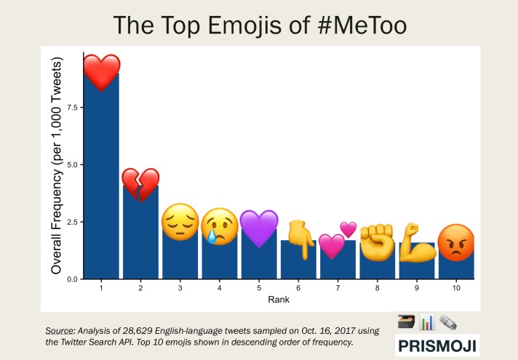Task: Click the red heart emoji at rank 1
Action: pos(100,73)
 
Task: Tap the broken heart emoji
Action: pos(140,185)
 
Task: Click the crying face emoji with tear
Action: pos(219,225)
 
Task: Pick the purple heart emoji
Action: pos(259,227)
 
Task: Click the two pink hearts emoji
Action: pos(338,241)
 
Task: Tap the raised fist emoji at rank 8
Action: pos(377,241)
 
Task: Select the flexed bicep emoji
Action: pos(417,243)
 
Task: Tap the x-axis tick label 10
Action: pos(456,289)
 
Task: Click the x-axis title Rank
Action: pos(279,299)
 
